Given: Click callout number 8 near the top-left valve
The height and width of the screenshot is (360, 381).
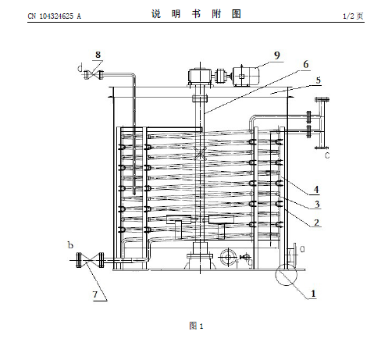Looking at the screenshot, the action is click(x=98, y=55).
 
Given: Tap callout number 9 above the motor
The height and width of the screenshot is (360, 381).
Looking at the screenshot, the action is click(x=277, y=55).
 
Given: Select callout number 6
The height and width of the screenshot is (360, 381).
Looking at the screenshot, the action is click(x=306, y=65).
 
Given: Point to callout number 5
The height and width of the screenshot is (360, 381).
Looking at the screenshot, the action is click(x=319, y=80).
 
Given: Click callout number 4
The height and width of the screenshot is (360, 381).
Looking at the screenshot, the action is click(x=316, y=189).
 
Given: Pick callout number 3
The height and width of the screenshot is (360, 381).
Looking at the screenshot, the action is click(x=317, y=204).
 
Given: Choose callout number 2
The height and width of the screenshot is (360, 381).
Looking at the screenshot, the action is click(x=316, y=223).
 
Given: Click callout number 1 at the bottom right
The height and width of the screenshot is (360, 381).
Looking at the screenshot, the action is click(x=313, y=294).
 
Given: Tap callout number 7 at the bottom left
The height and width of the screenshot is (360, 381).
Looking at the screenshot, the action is click(x=95, y=294).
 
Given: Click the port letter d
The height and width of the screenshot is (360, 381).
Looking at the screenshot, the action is click(x=80, y=68).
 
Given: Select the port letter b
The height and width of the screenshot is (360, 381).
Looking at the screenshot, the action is click(x=70, y=245).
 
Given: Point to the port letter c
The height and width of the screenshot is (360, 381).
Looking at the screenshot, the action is click(x=327, y=155).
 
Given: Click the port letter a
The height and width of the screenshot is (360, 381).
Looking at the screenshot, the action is click(x=302, y=249).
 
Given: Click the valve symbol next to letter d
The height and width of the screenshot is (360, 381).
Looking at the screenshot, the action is click(x=94, y=75).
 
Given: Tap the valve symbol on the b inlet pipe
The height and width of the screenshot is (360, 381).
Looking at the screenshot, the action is click(x=90, y=260).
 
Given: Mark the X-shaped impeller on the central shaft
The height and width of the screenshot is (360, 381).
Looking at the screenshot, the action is click(x=200, y=153).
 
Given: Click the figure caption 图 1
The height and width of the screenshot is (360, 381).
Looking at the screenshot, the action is click(x=196, y=326).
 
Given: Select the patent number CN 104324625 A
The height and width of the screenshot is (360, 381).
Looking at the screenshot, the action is click(x=55, y=16).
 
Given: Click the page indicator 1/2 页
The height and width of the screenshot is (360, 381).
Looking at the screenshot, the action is click(x=353, y=16).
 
